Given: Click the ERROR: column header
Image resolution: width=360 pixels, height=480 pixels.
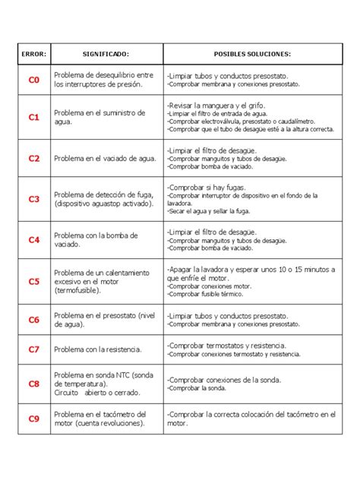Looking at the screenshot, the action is point(33,54).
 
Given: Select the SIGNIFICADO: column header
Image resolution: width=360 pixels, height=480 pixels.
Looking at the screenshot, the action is point(106,54).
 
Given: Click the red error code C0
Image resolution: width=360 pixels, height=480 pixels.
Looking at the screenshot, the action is point(33,80).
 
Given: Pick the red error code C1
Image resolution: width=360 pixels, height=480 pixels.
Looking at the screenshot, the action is point(33,118).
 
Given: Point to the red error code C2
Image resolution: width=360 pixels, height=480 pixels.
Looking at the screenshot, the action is point(33,159).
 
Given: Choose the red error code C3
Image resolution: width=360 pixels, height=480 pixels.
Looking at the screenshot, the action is point(33,199).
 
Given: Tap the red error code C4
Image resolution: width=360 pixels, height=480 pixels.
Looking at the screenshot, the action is point(33,240).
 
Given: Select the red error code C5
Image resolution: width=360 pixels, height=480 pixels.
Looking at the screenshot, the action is point(33,281).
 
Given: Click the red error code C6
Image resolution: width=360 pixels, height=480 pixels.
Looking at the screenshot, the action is point(33,320).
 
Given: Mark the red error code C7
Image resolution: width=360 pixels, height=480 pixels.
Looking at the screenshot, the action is point(33,349).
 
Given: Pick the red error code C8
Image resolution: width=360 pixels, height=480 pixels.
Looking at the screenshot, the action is point(33,384).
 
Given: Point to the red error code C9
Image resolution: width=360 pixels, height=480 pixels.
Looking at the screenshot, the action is point(33,418).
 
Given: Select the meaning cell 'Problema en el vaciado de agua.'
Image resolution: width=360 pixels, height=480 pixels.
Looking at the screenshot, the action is point(106,159).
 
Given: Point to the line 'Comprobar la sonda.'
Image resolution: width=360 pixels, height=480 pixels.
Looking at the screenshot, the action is point(197,388).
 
